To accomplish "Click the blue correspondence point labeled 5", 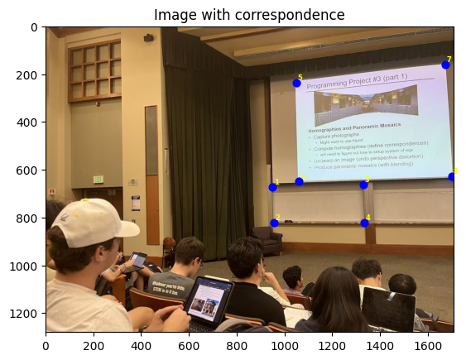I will pyautogui.click(x=296, y=83).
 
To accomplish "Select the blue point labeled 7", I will pyautogui.click(x=445, y=65).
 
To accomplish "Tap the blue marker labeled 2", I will pyautogui.click(x=274, y=223).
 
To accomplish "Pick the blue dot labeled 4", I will pyautogui.click(x=364, y=223).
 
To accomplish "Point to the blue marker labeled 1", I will pyautogui.click(x=272, y=187).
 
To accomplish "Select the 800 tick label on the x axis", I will pyautogui.click(x=237, y=342).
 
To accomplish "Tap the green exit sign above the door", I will pyautogui.click(x=98, y=179).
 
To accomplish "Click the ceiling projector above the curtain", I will pyautogui.click(x=149, y=37).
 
